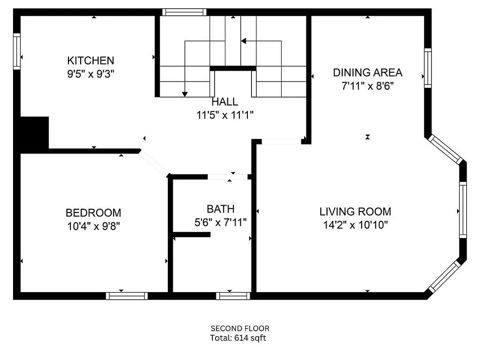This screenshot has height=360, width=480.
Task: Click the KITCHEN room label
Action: tap(90, 60)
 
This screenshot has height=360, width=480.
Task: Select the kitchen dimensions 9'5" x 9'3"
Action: tap(90, 74)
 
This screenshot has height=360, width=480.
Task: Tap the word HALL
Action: tap(224, 102)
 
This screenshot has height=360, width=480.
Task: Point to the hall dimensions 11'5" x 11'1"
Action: tap(224, 115)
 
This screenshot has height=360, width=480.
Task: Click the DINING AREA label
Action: tap(368, 72)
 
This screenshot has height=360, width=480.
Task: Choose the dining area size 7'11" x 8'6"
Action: tap(368, 86)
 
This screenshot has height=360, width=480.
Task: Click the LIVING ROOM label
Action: tap(355, 211)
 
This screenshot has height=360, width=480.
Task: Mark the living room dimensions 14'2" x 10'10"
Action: tap(355, 225)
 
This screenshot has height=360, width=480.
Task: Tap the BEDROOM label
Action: tap(93, 213)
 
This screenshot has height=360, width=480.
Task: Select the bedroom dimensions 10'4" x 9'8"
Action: tap(93, 226)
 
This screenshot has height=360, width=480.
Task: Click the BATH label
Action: tap(220, 209)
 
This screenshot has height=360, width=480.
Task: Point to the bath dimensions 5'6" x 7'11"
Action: tap(220, 222)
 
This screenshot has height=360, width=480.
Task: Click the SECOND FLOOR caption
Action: tap(240, 328)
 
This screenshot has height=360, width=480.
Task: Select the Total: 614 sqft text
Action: tap(238, 338)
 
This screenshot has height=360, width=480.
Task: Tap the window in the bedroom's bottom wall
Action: tap(127, 296)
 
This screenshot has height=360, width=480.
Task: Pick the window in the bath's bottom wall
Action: tap(233, 296)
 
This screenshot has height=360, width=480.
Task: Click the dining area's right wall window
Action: tap(427, 67)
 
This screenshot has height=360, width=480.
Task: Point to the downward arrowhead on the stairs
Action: tap(184, 94)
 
